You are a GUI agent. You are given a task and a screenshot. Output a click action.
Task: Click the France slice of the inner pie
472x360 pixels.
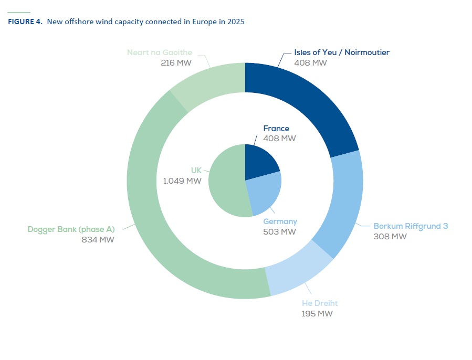pos(259,160)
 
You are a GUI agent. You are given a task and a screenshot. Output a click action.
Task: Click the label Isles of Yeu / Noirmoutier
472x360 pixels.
pos(342,52)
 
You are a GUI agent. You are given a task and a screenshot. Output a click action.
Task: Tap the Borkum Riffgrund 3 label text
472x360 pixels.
pos(411,226)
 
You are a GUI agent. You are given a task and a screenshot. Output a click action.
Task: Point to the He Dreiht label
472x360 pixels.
pos(319,303)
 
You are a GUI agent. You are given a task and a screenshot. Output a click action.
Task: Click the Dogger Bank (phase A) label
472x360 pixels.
pos(71,229)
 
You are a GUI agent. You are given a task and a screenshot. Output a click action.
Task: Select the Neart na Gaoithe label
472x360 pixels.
pos(160,52)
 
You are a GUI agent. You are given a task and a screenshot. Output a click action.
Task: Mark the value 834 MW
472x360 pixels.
pos(98,240)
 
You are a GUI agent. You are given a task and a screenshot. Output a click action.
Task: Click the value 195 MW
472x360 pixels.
pos(317,314)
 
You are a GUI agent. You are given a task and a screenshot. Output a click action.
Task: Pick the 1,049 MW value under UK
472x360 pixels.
pos(182,181)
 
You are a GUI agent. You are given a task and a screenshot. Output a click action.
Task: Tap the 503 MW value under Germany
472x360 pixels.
pos(280,231)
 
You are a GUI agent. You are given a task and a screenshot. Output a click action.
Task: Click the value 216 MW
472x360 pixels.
pos(176,63)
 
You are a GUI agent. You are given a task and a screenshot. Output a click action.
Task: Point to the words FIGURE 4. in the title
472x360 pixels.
pos(25,22)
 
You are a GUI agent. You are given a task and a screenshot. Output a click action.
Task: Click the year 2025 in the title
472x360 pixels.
pos(236,22)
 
